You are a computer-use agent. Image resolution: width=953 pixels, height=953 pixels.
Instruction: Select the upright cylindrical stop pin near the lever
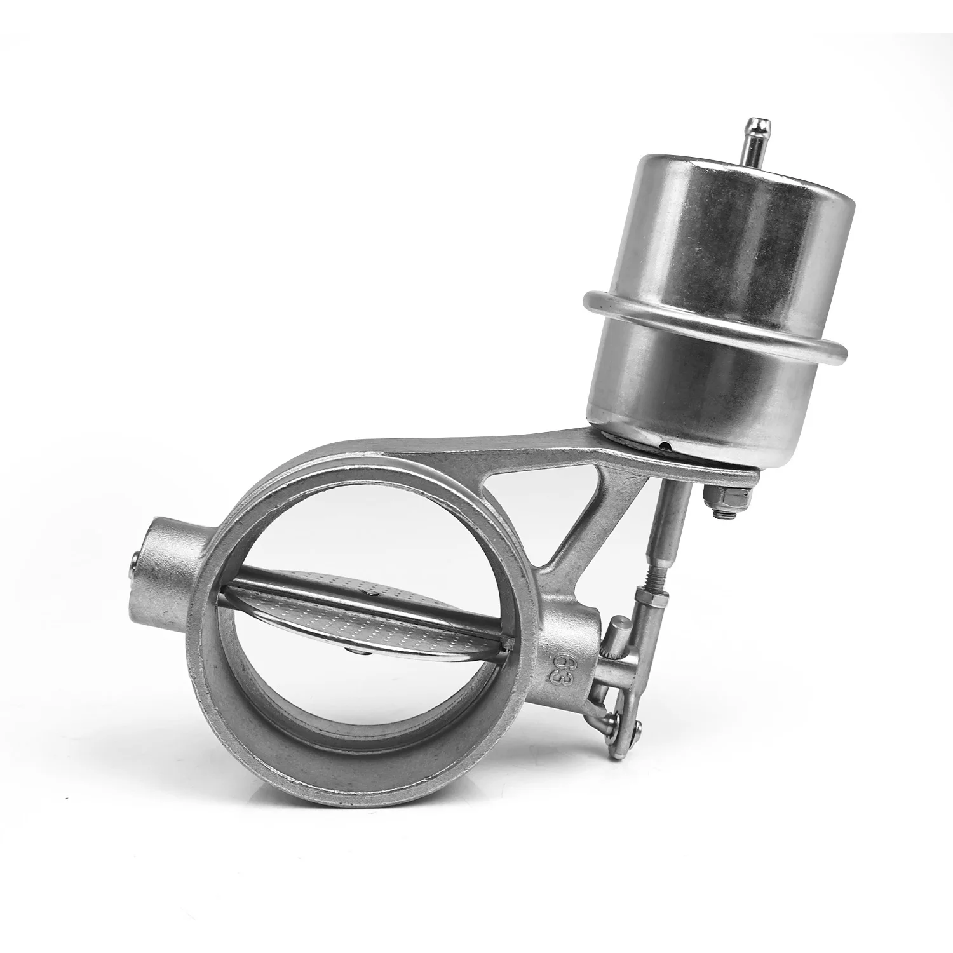click(619, 642)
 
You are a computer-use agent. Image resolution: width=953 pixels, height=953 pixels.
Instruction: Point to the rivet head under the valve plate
click(353, 650)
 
